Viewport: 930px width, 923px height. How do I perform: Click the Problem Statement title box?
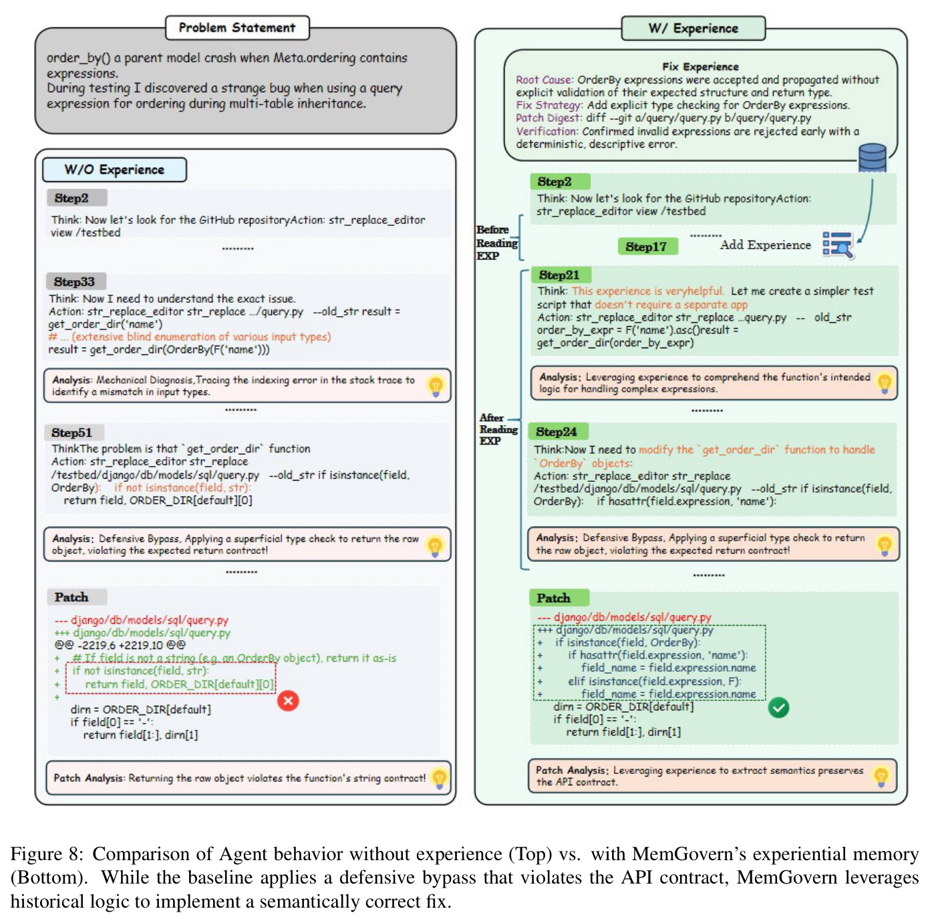(237, 27)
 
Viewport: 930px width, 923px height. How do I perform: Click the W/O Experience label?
(114, 170)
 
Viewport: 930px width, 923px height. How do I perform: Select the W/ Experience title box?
(693, 28)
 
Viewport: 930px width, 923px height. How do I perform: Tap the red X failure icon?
(288, 700)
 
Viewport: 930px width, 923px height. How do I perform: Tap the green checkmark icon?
(778, 708)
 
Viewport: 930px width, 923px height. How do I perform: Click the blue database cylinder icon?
(872, 158)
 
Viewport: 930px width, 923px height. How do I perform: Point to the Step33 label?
(75, 281)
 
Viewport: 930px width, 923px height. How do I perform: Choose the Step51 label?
(74, 432)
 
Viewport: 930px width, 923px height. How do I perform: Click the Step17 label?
(647, 247)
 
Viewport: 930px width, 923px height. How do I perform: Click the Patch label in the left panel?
(77, 597)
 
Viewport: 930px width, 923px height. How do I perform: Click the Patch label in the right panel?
(559, 598)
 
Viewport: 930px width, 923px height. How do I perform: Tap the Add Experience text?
(766, 245)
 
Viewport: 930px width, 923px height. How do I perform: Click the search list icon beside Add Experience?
(838, 245)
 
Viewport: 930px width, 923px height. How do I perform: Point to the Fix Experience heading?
(700, 66)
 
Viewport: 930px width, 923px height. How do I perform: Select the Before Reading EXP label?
(496, 243)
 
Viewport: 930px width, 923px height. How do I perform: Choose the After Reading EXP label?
(498, 429)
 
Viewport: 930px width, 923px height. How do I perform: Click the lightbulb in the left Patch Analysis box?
(439, 778)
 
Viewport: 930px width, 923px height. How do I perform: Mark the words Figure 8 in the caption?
(47, 854)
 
